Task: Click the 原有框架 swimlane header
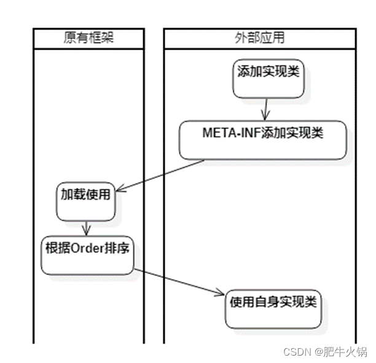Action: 88,38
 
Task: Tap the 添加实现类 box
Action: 268,78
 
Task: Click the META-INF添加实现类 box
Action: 262,140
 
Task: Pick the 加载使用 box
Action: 85,201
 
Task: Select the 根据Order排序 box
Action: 87,254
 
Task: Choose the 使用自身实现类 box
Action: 273,307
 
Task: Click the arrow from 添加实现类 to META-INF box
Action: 265,109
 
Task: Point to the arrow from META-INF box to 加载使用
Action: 161,175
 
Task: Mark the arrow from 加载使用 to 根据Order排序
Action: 87,227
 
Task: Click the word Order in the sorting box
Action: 89,248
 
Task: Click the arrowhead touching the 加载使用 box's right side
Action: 120,189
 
